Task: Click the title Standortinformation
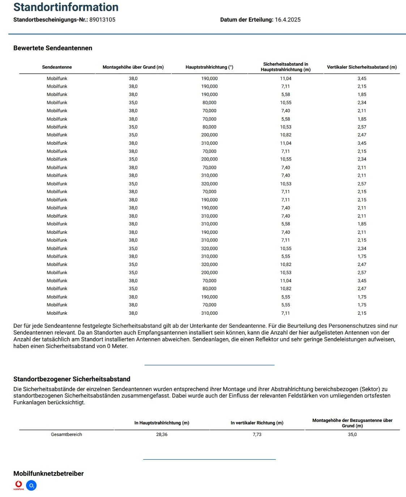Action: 66,7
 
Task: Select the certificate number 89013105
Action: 102,20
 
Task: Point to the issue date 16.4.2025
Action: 287,20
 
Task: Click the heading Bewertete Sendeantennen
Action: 53,48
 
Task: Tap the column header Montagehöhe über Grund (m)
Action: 133,67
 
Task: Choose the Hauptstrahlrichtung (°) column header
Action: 209,67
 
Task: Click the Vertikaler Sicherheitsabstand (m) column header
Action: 362,67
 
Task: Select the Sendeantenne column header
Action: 57,67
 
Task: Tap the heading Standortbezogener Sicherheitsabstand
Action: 72,379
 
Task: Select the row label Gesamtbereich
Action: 67,435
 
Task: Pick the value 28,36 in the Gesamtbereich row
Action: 162,435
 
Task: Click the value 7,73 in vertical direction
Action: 257,435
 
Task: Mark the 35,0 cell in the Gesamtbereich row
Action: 352,435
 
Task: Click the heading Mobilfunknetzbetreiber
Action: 48,474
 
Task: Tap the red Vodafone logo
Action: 18,485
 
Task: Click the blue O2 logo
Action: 31,486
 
